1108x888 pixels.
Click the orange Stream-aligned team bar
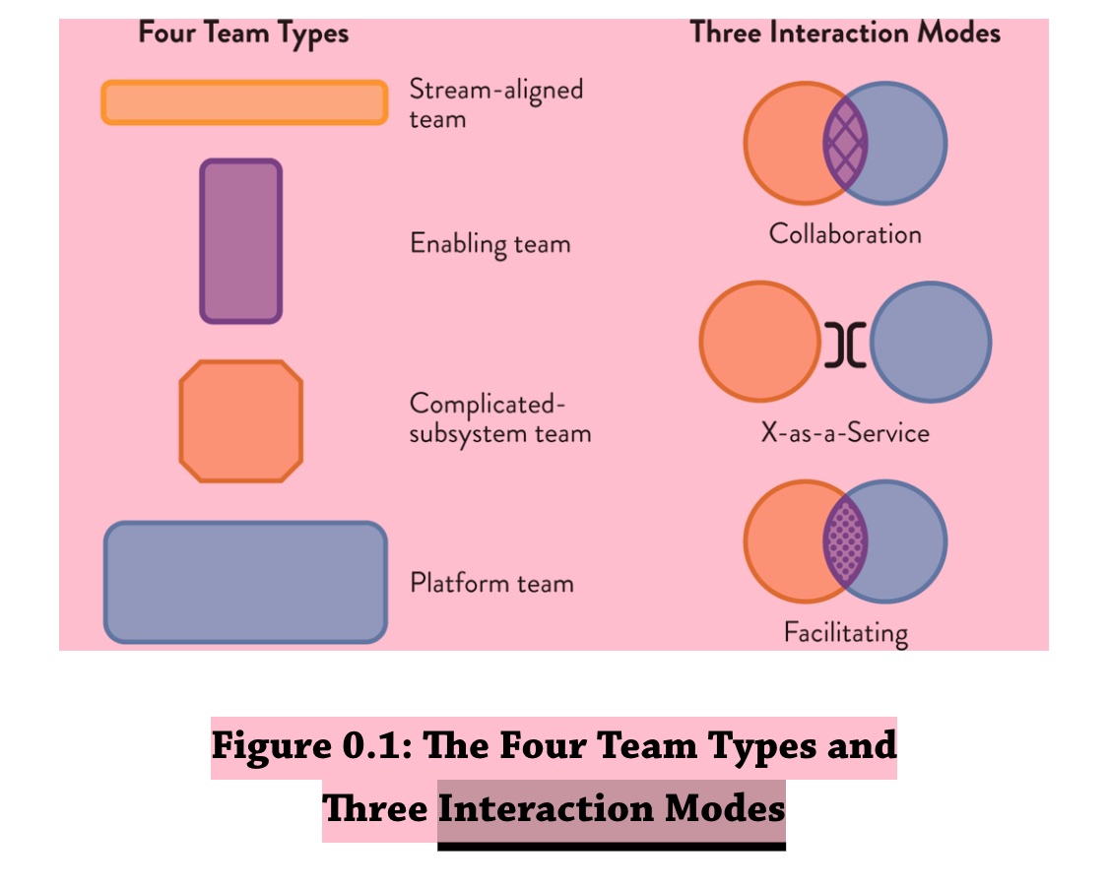tap(244, 102)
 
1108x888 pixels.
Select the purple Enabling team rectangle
tap(241, 241)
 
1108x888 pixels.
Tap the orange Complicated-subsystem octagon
tap(241, 421)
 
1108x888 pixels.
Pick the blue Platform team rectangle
tap(245, 583)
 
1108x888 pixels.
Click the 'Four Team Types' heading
tap(243, 33)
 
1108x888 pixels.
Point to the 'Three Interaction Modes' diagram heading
tap(845, 32)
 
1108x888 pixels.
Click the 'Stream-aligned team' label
tap(495, 103)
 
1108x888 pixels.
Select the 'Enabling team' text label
tap(489, 243)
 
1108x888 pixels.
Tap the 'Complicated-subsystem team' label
tap(499, 418)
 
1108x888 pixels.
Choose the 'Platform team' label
tap(491, 583)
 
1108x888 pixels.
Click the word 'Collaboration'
tap(845, 234)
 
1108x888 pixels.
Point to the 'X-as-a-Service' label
tap(845, 433)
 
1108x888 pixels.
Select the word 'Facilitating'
tap(845, 631)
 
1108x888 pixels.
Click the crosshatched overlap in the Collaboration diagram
tap(846, 143)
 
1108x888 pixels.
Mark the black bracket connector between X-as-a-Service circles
tap(846, 344)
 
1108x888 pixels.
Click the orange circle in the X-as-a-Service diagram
tap(759, 343)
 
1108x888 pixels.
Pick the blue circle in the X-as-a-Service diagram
tap(932, 343)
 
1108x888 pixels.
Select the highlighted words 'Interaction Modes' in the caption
tap(612, 809)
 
